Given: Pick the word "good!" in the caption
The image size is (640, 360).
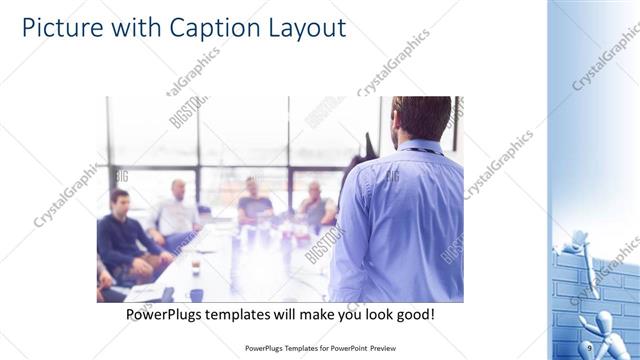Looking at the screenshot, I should tap(414, 314).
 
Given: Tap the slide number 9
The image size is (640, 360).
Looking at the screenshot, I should tap(590, 346).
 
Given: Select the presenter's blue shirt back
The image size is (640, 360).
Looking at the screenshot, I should tap(400, 220).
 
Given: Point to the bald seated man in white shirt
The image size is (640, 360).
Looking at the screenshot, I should tap(176, 210).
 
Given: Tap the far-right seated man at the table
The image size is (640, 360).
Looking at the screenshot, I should tap(316, 205).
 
